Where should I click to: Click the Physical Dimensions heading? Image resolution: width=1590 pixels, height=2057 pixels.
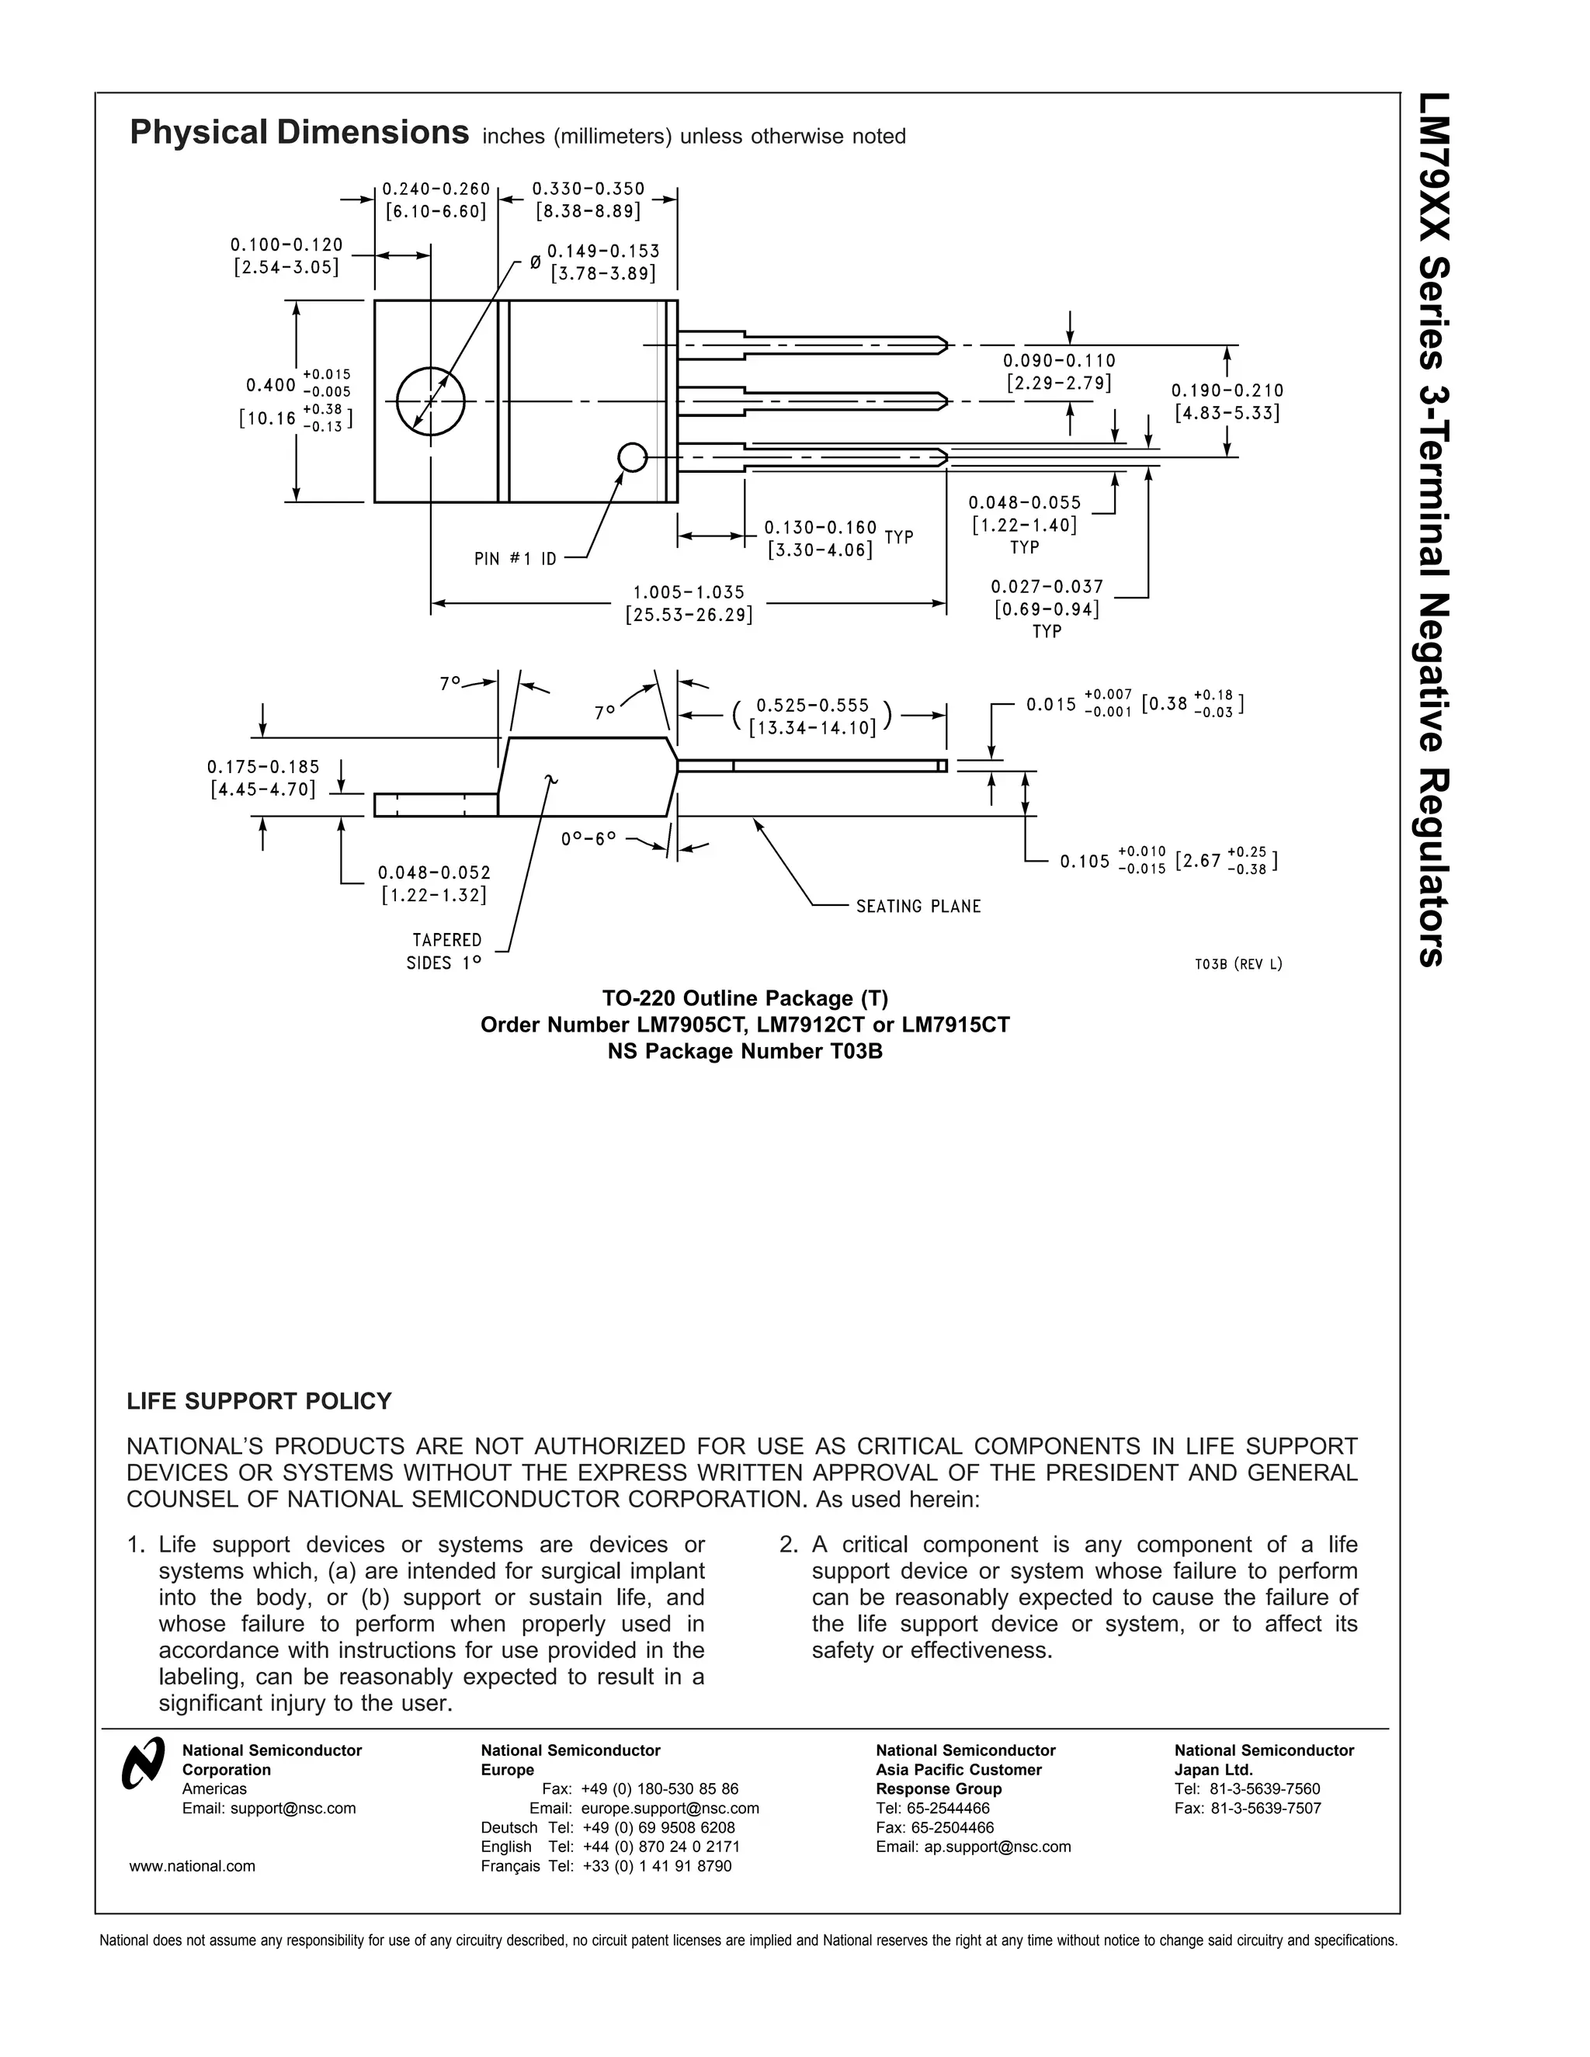[x=299, y=133]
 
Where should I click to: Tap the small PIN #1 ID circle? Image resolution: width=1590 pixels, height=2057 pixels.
[x=632, y=458]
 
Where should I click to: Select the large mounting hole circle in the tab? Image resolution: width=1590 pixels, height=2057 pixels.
[x=430, y=401]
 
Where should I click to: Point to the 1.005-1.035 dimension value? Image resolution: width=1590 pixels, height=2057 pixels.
[x=688, y=592]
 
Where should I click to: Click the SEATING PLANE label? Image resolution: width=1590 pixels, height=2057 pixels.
[x=918, y=906]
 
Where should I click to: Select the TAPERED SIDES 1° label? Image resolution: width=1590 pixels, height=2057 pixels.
[x=445, y=952]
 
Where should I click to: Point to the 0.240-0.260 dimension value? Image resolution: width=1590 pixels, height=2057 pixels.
[x=436, y=189]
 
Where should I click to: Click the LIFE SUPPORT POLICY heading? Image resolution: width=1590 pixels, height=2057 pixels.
[x=259, y=1401]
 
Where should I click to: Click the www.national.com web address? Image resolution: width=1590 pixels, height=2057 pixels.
[x=193, y=1866]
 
